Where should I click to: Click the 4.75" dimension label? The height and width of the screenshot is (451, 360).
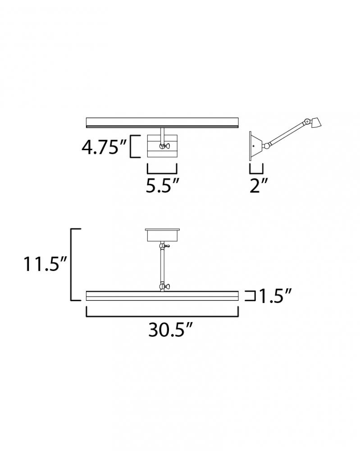tap(104, 147)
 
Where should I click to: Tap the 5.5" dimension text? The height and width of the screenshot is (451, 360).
tap(163, 185)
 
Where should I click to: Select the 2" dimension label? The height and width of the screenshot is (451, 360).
tap(259, 185)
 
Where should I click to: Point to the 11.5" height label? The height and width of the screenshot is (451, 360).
tap(45, 264)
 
